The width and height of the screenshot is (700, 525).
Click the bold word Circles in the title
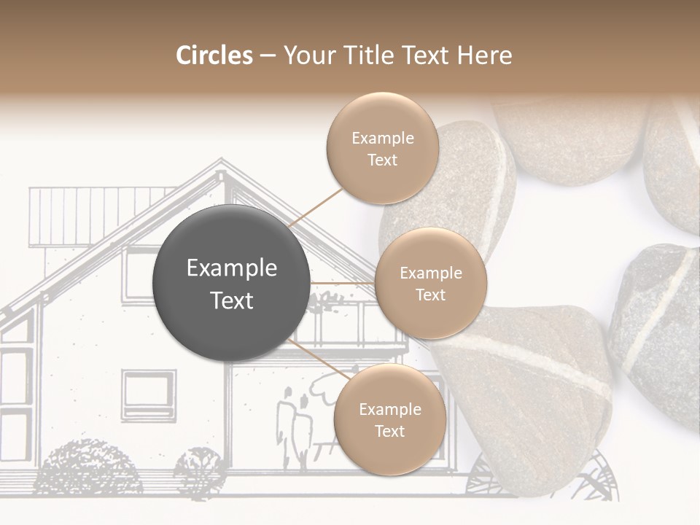tap(214, 55)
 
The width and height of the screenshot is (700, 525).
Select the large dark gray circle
tap(231, 283)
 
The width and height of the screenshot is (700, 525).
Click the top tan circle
tap(382, 148)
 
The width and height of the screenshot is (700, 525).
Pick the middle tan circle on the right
tap(430, 283)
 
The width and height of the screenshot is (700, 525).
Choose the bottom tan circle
tap(389, 419)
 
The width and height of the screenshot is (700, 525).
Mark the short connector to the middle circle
tap(342, 282)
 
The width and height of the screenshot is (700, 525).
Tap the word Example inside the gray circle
tap(231, 268)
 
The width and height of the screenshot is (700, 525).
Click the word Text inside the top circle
tap(382, 160)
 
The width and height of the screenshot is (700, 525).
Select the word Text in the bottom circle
tap(389, 431)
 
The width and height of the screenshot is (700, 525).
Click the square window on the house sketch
tap(148, 394)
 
